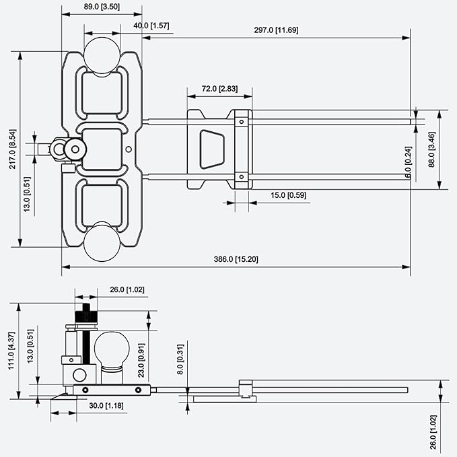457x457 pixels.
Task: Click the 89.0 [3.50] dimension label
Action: point(102,7)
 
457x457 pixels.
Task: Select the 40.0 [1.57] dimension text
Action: point(151,26)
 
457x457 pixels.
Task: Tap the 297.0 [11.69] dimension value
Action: point(276,30)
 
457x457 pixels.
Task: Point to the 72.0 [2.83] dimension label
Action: point(219,89)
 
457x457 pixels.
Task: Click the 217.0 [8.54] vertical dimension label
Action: point(13,149)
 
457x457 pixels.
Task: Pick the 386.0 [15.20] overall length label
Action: point(236,259)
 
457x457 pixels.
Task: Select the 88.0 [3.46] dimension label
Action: point(431,149)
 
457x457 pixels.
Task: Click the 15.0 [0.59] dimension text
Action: point(288,195)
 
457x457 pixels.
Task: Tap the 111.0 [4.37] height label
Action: point(11,351)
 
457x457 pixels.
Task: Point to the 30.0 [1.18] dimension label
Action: point(106,405)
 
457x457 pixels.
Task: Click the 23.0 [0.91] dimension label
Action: point(141,361)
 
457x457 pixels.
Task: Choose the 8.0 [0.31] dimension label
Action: point(180,359)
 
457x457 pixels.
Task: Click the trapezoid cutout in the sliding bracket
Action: point(212,149)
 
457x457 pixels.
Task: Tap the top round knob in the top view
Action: point(102,55)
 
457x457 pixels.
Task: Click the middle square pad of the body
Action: point(102,149)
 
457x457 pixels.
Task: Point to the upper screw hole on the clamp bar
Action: point(242,122)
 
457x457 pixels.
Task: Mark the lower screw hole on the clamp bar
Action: point(242,177)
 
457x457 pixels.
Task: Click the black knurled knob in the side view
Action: point(86,317)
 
